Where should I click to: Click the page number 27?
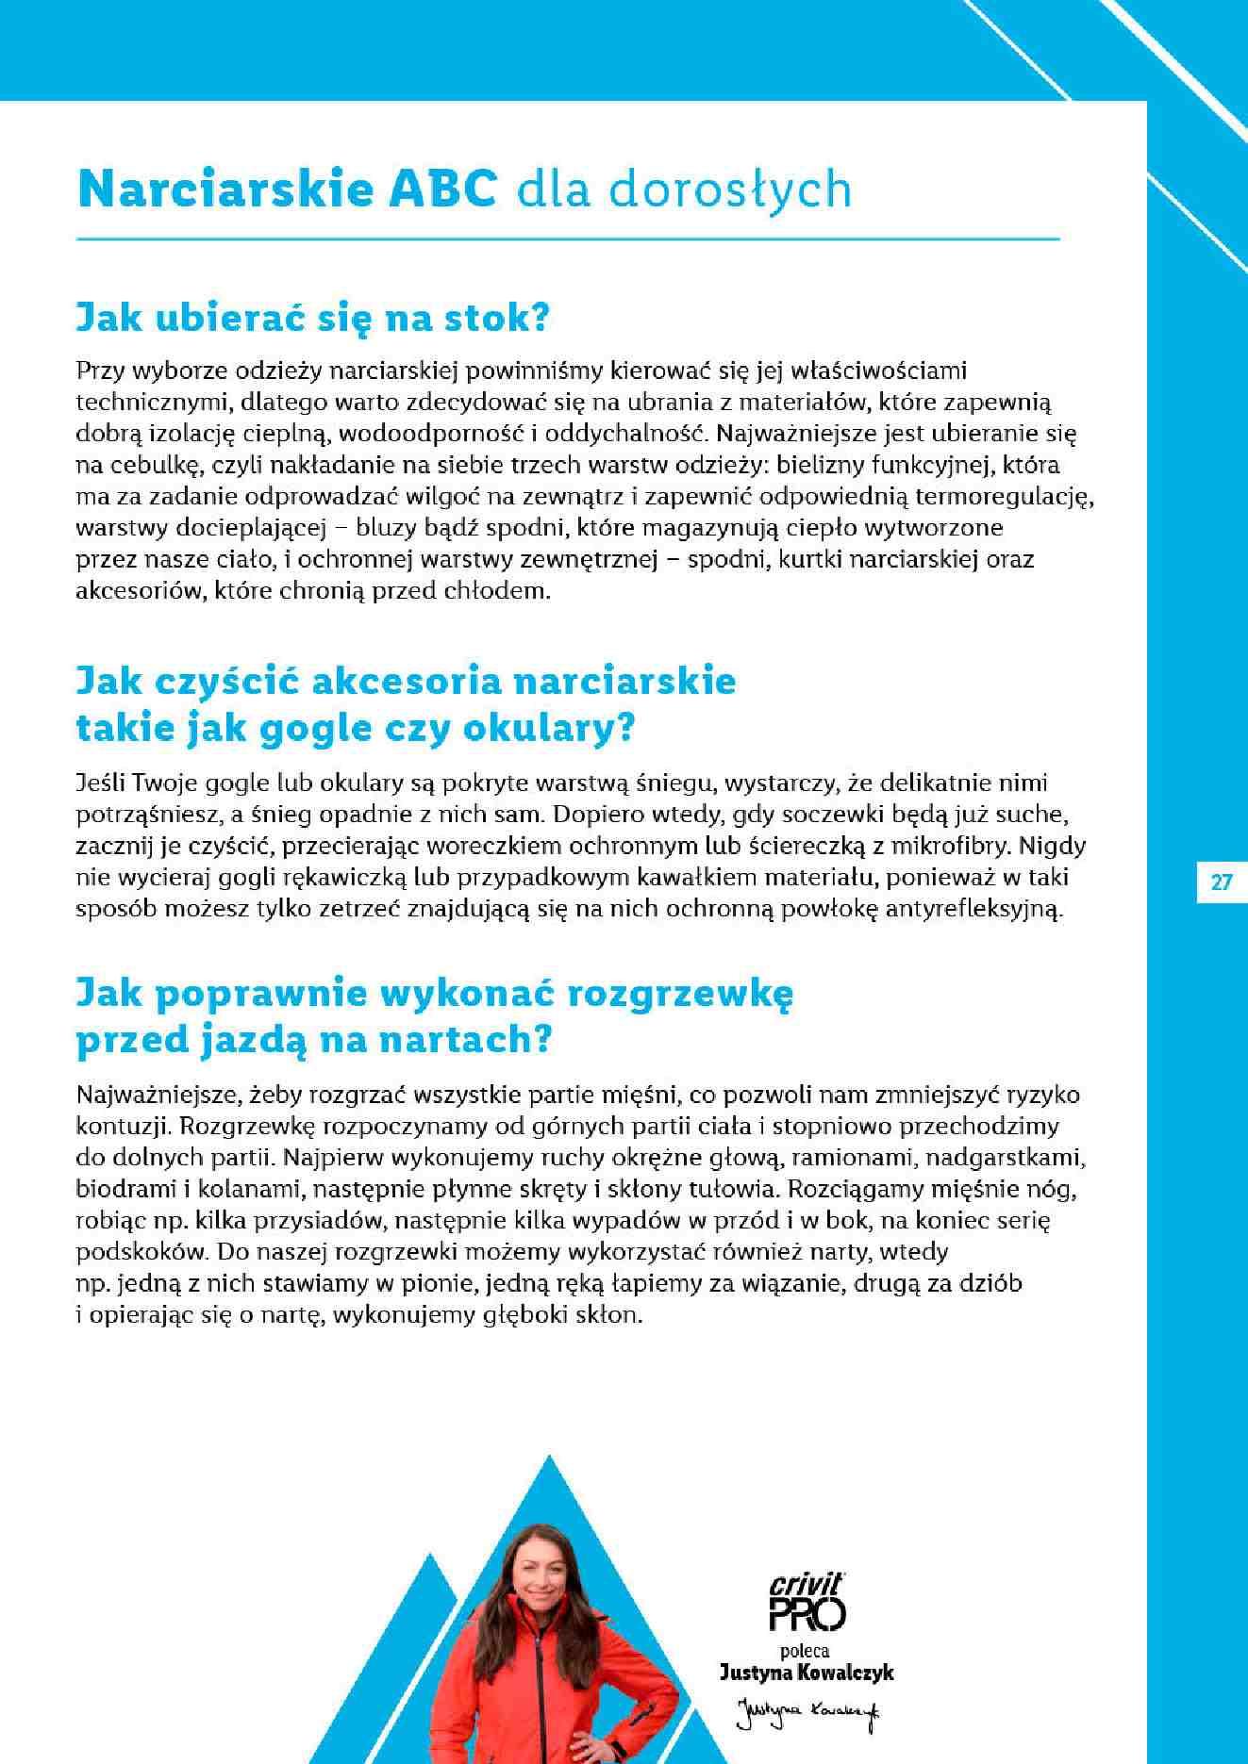click(1222, 882)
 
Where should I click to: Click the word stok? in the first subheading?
click(506, 318)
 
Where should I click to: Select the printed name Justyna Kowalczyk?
click(807, 1673)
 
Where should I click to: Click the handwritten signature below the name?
click(807, 1708)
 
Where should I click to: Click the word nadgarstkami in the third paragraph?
click(1007, 1156)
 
